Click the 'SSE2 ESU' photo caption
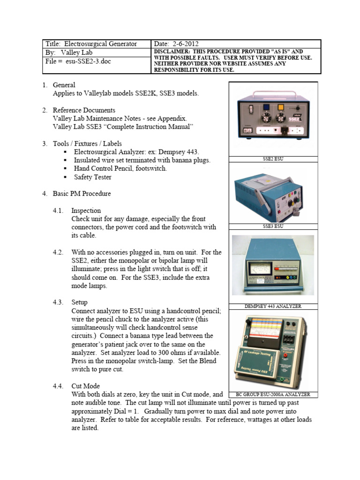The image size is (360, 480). click(x=273, y=159)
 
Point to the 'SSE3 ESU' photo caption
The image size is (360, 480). click(x=273, y=226)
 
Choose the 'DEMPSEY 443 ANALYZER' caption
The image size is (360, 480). click(x=273, y=306)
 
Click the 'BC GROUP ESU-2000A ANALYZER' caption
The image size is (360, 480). click(x=273, y=395)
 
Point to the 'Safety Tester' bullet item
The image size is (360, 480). click(x=93, y=177)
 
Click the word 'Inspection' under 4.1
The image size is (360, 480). click(x=86, y=210)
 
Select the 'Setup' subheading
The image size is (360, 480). click(x=79, y=302)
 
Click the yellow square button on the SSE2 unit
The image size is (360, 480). click(x=281, y=106)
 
